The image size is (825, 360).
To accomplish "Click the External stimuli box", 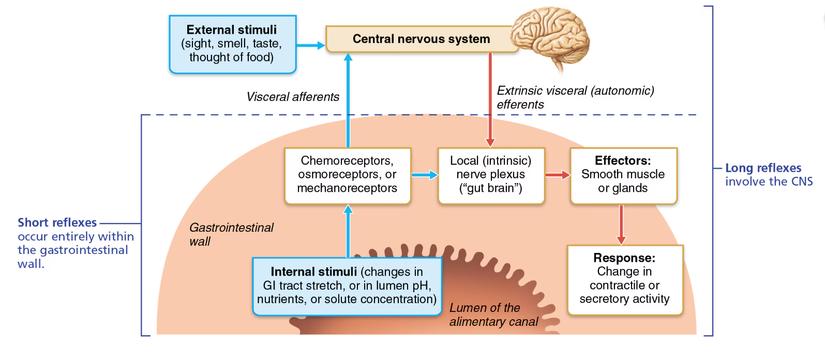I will coord(232,44).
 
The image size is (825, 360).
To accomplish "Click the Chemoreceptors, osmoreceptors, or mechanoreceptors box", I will coord(347,175).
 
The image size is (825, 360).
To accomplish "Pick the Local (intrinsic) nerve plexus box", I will coord(491,175).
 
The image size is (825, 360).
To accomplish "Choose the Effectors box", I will coord(623,175).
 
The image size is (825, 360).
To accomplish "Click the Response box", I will coord(624,279).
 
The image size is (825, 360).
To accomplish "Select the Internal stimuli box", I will coord(347,286).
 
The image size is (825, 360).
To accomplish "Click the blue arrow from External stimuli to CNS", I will coord(310,46).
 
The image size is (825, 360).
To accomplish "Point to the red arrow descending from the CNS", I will coord(490,98).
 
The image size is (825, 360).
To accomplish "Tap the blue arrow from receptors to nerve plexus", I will coord(424,175).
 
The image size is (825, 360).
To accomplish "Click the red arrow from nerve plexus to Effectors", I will coord(557,175).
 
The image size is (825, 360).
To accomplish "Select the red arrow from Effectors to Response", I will coord(621,224).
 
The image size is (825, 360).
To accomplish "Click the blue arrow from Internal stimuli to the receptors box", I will coord(348,231).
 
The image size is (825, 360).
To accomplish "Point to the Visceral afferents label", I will coord(293,97).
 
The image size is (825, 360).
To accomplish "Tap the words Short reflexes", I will coord(57,223).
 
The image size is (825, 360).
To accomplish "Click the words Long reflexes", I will coord(763,168).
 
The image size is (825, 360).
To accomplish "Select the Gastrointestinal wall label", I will coord(231,234).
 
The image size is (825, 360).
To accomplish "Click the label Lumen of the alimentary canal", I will coord(493,314).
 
